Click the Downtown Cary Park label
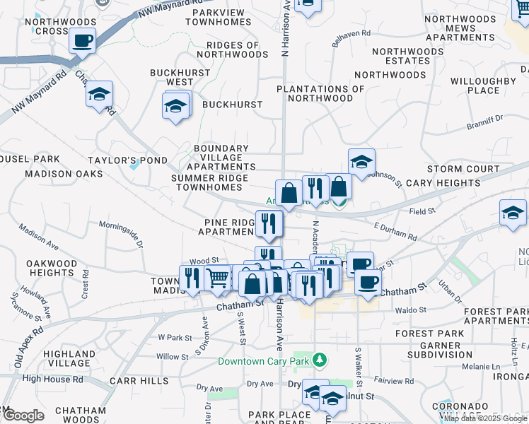click(x=264, y=361)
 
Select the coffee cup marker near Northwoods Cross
click(x=83, y=42)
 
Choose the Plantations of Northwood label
click(x=320, y=93)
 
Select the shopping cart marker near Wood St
click(x=219, y=278)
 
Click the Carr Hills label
click(x=139, y=381)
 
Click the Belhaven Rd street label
click(x=351, y=33)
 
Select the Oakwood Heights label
click(x=51, y=269)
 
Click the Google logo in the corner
click(x=23, y=416)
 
